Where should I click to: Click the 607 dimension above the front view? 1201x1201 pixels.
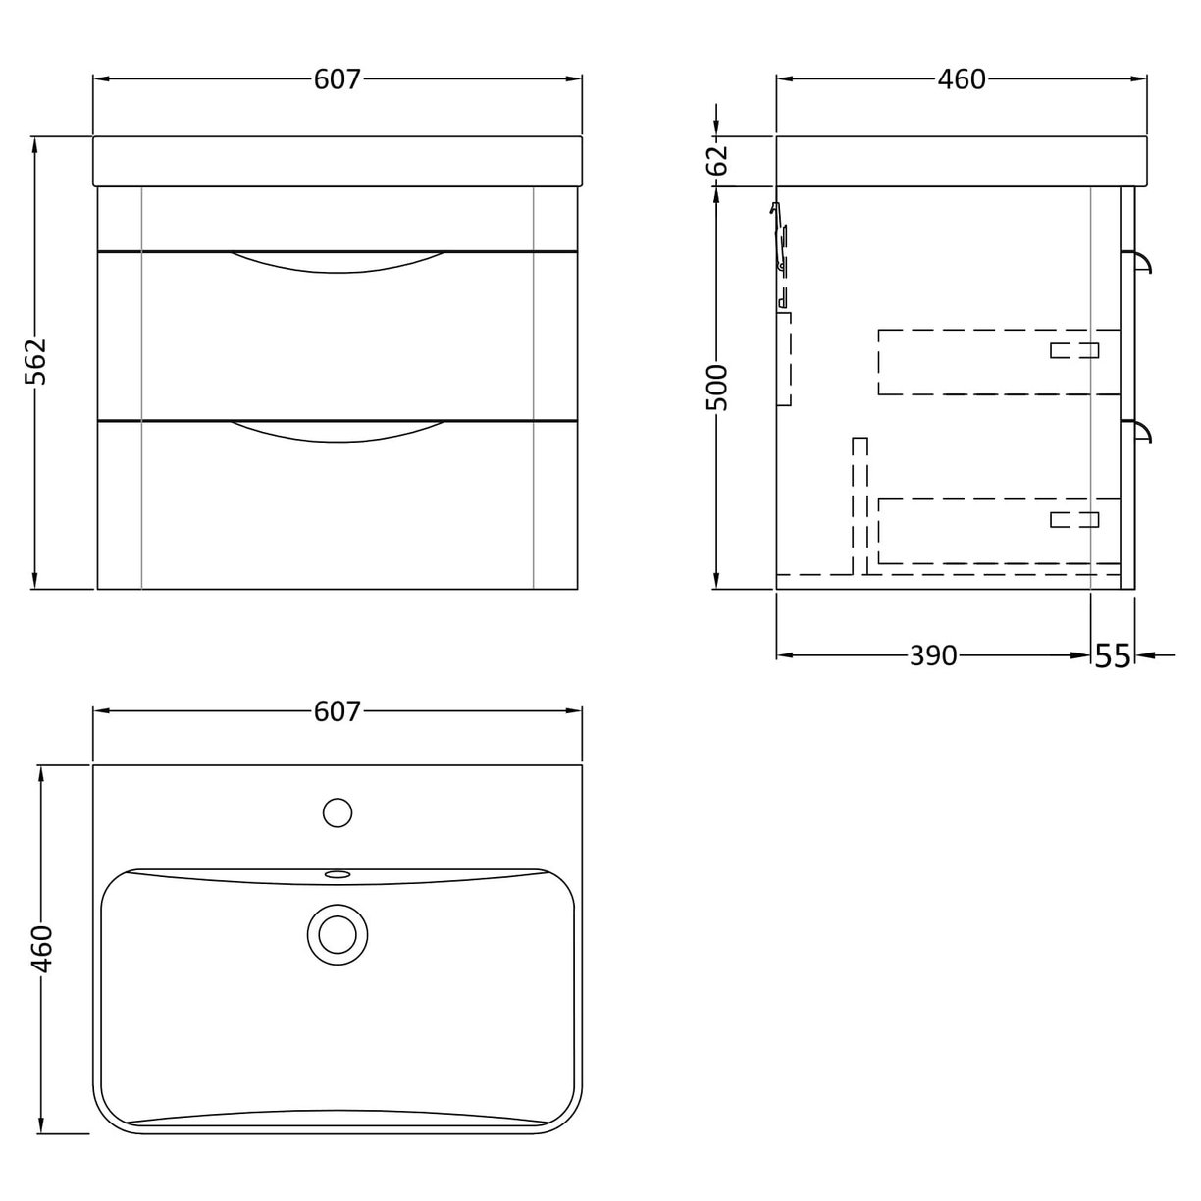[338, 79]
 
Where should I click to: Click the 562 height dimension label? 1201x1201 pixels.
[35, 363]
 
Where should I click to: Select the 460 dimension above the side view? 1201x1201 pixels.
[961, 79]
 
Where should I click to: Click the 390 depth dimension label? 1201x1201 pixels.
[932, 654]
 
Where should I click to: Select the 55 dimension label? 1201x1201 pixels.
[1113, 655]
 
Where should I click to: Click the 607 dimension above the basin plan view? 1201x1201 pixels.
[338, 711]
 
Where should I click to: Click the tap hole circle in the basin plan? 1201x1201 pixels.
[338, 812]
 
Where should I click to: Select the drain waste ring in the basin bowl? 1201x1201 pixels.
[337, 930]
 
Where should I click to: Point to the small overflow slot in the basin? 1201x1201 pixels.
[338, 872]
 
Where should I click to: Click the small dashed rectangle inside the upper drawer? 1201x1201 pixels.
[1073, 350]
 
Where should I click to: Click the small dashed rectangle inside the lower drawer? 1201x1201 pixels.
[1073, 519]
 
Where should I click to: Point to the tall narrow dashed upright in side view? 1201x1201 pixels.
[860, 505]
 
